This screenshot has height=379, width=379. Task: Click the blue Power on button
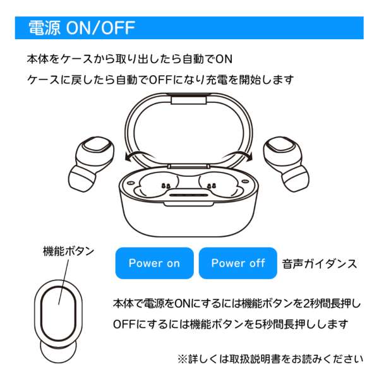154,263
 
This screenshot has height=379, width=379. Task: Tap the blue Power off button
238,263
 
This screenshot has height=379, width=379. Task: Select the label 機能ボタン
68,251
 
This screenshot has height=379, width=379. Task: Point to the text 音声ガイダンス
320,263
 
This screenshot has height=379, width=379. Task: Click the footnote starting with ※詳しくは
270,359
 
